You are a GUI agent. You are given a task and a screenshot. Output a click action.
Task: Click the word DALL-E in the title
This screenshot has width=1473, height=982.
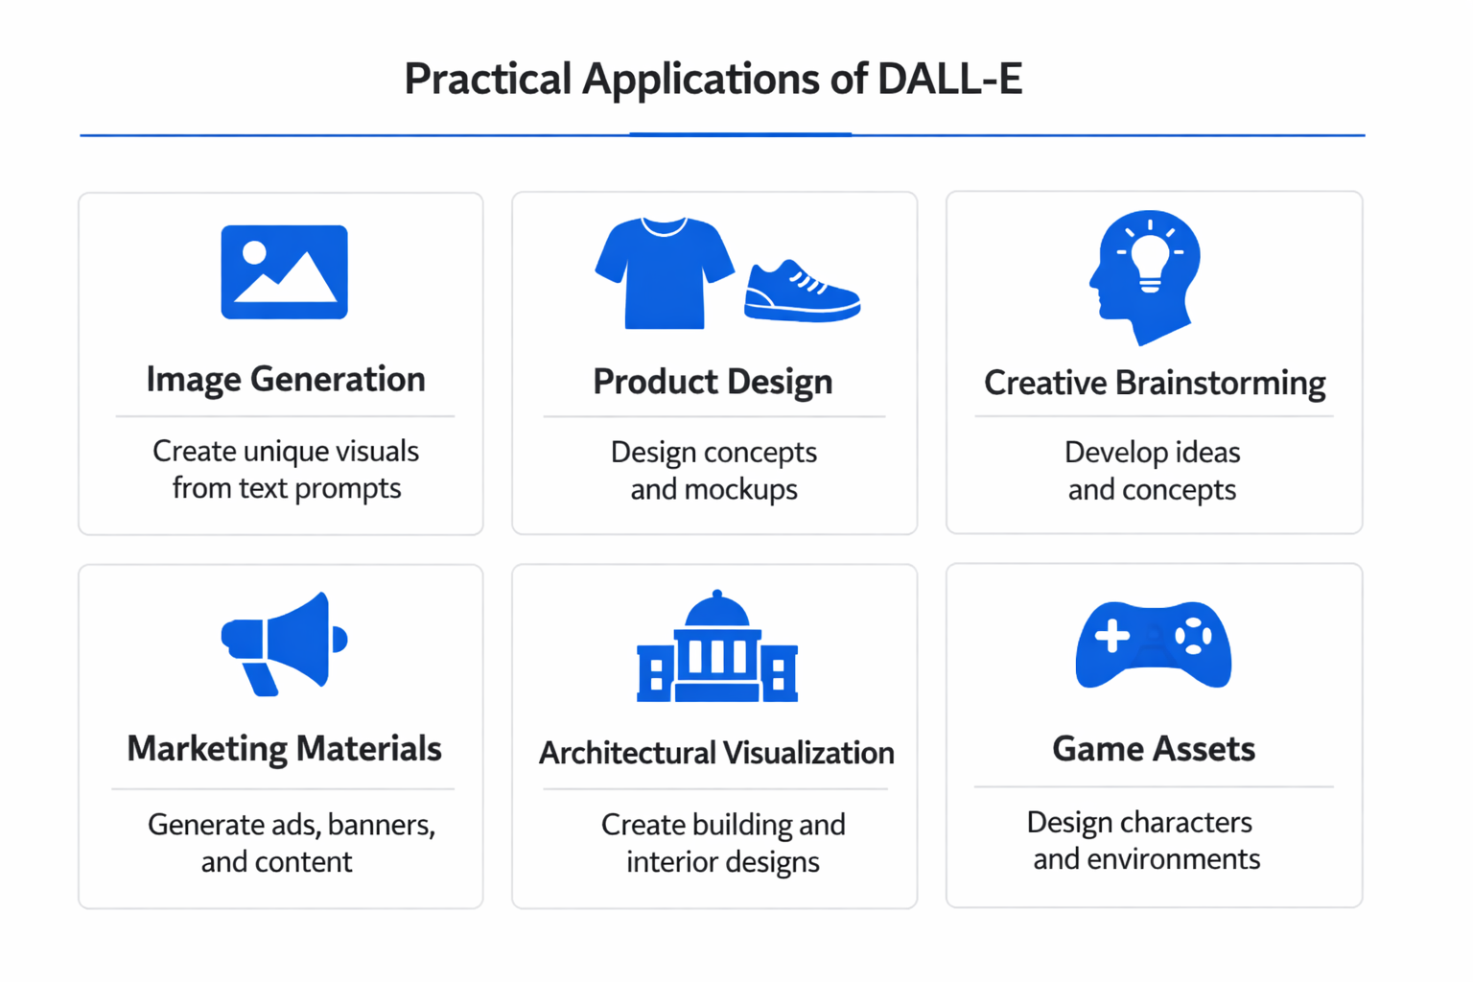[x=949, y=79]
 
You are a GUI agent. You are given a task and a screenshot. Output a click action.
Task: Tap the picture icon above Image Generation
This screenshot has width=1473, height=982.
[x=284, y=271]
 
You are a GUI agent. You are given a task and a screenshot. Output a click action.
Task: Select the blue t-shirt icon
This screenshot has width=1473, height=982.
[x=664, y=273]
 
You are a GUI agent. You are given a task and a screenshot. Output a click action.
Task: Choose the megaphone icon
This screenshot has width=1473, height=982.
[x=285, y=643]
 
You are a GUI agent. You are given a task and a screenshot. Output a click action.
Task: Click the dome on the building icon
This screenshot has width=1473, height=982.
[x=717, y=611]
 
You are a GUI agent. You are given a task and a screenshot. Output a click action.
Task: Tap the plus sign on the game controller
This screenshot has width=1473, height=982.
[x=1112, y=636]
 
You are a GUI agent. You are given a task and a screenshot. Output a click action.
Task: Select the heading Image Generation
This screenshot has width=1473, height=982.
[x=286, y=380]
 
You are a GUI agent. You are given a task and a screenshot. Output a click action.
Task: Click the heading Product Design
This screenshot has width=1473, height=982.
[x=713, y=382]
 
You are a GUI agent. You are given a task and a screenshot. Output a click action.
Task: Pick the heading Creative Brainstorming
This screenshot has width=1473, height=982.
[x=1155, y=383]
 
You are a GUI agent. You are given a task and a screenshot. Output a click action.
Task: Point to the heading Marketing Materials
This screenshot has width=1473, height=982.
[x=284, y=749]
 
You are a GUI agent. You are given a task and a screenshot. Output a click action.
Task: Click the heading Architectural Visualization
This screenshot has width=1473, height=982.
[x=716, y=753]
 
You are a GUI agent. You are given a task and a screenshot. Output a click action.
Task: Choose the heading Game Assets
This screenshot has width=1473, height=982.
[x=1154, y=749]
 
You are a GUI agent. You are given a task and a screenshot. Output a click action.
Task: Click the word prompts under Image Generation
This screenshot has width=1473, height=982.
[x=347, y=489]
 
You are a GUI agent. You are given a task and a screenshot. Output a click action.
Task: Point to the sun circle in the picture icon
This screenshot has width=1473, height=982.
[x=254, y=252]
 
